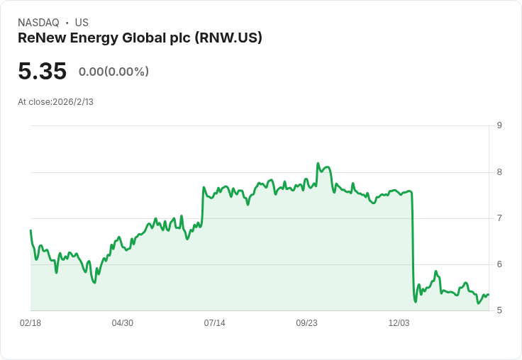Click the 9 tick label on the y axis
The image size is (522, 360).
point(499,125)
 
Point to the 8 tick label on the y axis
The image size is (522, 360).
point(499,172)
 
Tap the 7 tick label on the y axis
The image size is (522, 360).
point(499,218)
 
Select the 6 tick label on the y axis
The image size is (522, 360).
point(499,264)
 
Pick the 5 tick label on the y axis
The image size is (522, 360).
point(499,310)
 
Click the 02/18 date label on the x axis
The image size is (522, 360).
point(30,323)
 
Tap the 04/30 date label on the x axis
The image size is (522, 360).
point(123,323)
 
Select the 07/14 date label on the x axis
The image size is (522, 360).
point(214,323)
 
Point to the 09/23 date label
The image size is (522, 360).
point(306,323)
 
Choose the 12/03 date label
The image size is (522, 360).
point(399,323)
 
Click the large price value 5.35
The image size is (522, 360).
point(43,71)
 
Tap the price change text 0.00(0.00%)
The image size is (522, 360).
point(113,72)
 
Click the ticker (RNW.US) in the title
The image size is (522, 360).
point(228,38)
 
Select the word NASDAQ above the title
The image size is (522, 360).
point(38,23)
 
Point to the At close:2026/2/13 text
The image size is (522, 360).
point(55,102)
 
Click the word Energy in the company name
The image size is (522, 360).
point(94,38)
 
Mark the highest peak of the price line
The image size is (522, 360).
point(318,164)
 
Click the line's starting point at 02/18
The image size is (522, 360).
point(30,230)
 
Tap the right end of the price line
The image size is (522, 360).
point(489,295)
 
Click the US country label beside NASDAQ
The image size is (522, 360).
point(82,23)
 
